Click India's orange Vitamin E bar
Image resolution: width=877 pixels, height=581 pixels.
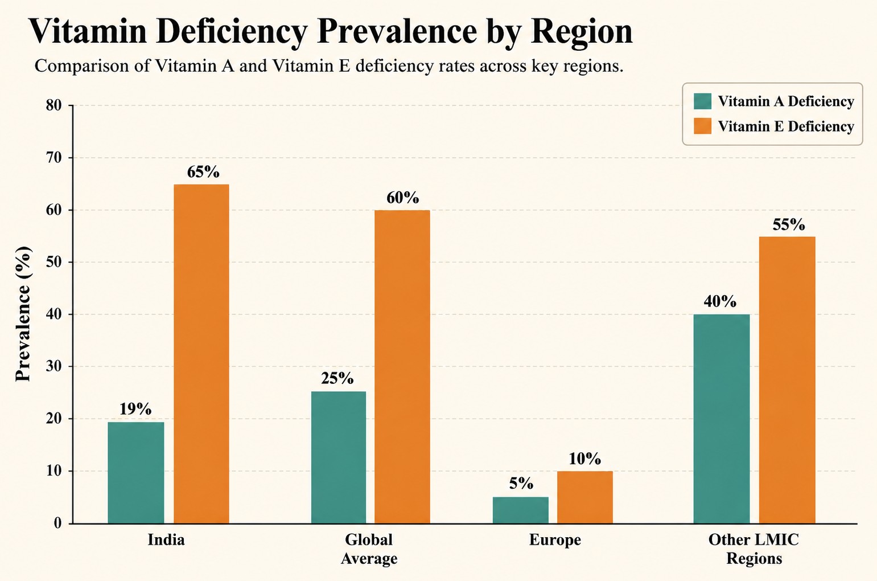click(x=201, y=354)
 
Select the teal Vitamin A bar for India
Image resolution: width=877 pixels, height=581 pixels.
click(x=136, y=473)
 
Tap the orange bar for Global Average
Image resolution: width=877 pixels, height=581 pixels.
click(x=402, y=367)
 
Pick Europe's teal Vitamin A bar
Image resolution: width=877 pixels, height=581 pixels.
click(x=520, y=510)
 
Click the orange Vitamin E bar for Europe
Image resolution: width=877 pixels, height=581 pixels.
click(x=585, y=497)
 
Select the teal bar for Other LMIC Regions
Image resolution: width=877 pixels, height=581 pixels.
click(x=722, y=419)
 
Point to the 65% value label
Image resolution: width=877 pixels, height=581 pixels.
click(x=203, y=172)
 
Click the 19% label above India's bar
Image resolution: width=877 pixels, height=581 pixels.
click(x=135, y=409)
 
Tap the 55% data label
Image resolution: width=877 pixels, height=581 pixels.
click(x=789, y=224)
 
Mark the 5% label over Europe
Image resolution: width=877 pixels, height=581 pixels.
click(x=521, y=484)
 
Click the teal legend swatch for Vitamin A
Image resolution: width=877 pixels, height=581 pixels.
click(x=702, y=101)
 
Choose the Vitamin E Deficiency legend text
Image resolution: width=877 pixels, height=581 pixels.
click(x=786, y=126)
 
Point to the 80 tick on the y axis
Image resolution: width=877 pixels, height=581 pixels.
click(x=53, y=105)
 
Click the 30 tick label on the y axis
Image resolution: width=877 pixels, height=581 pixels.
click(x=53, y=367)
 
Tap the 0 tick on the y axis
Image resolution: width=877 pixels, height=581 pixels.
click(x=58, y=523)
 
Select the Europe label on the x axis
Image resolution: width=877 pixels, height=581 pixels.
click(x=555, y=540)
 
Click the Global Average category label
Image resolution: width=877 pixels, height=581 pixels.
click(x=369, y=549)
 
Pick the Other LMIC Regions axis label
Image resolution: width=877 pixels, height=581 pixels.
click(x=754, y=549)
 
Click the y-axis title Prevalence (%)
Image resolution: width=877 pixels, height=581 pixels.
click(x=23, y=314)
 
